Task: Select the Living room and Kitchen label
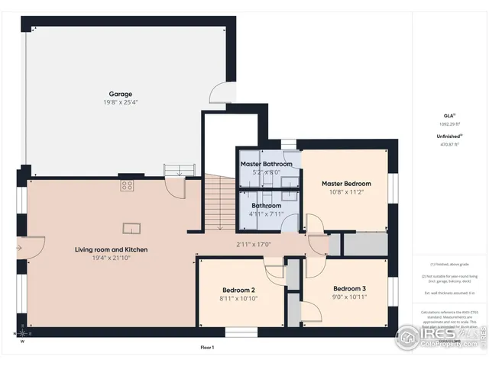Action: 111,249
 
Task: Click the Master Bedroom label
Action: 346,184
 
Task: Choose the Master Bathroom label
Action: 267,164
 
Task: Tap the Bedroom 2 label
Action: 238,290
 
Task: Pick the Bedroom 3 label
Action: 350,288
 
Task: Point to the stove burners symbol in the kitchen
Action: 127,185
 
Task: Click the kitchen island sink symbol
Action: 132,226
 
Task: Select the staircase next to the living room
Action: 219,202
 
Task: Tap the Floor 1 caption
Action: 207,348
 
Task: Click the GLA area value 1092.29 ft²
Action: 450,124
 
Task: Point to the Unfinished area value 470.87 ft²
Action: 450,144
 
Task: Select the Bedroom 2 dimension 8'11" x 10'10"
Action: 238,299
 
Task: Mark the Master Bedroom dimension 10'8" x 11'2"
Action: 346,193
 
